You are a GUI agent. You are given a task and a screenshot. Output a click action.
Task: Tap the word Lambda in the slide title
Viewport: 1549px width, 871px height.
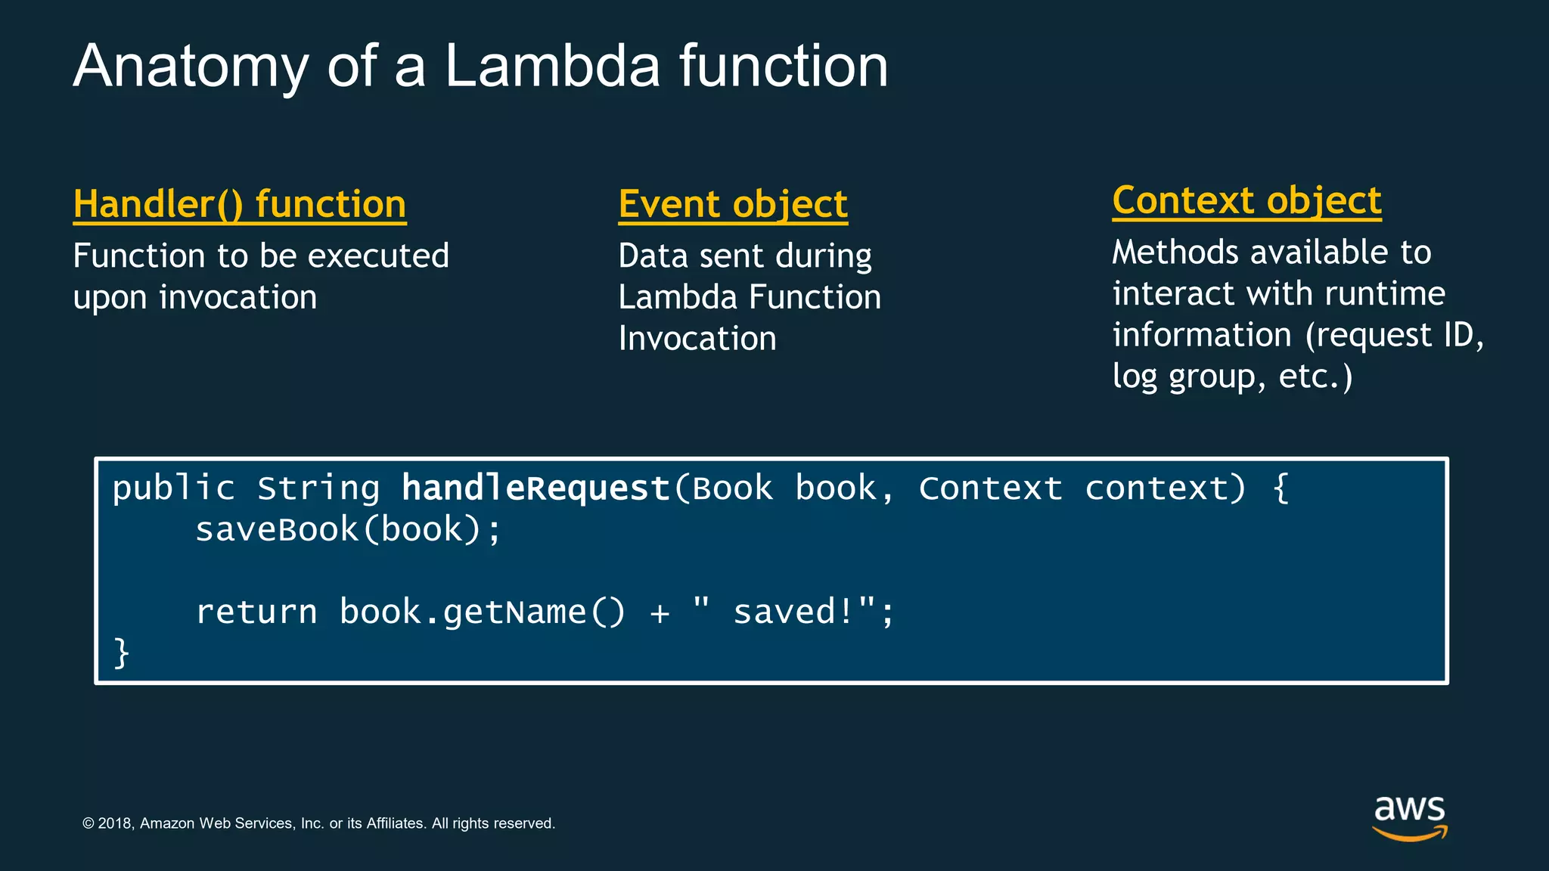pyautogui.click(x=552, y=67)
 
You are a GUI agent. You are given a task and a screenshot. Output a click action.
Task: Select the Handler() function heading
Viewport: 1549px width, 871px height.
pyautogui.click(x=240, y=204)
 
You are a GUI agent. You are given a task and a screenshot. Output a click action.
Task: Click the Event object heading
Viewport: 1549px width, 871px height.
pyautogui.click(x=733, y=204)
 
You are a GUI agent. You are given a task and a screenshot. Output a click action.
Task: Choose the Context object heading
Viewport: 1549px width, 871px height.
pyautogui.click(x=1246, y=200)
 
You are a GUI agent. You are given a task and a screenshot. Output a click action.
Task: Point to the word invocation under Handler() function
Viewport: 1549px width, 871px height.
pyautogui.click(x=237, y=297)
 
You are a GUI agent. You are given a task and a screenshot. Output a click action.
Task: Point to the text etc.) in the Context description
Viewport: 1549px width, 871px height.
pyautogui.click(x=1315, y=376)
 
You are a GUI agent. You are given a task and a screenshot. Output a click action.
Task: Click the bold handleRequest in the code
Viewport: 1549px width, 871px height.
pyautogui.click(x=535, y=488)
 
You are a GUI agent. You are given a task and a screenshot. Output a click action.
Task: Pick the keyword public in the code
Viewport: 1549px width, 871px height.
pyautogui.click(x=173, y=488)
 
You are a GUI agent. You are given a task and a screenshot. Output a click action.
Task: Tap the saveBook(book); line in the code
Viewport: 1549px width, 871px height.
pyautogui.click(x=348, y=529)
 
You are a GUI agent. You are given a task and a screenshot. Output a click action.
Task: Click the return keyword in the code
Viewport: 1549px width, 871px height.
pyautogui.click(x=256, y=612)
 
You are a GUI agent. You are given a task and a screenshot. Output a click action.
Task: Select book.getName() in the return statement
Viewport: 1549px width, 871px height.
pyautogui.click(x=482, y=612)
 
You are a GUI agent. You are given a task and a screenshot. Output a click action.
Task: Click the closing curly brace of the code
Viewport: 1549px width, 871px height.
pyautogui.click(x=121, y=652)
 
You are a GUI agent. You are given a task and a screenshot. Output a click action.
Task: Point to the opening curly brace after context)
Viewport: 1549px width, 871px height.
pyautogui.click(x=1280, y=488)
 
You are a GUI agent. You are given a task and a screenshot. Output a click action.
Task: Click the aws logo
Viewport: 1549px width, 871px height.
pyautogui.click(x=1409, y=817)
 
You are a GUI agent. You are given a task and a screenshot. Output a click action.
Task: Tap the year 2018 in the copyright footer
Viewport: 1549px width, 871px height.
pyautogui.click(x=115, y=823)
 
